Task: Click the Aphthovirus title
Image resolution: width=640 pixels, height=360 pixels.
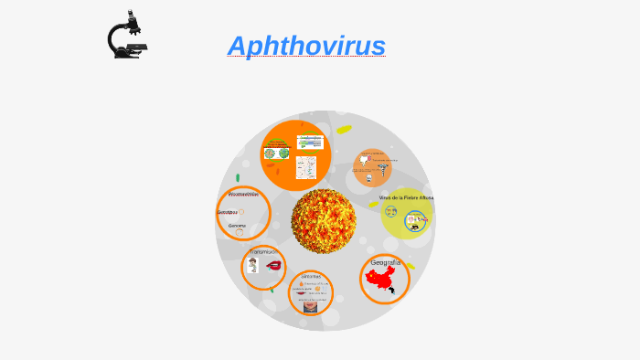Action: click(306, 46)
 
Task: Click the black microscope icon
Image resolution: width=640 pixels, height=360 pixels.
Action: click(126, 36)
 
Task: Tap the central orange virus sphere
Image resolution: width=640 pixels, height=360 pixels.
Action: click(324, 220)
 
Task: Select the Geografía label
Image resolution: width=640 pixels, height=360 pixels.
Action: click(386, 262)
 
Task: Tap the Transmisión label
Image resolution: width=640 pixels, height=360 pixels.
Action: click(263, 251)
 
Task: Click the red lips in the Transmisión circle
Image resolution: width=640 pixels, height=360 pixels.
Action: click(273, 265)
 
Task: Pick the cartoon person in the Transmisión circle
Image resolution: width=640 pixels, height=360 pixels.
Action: click(252, 265)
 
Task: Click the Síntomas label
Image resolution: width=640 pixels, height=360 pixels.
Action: click(311, 275)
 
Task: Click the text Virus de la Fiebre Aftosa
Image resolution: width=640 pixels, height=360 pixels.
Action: click(406, 197)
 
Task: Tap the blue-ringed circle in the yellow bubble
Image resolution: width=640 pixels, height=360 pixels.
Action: click(416, 219)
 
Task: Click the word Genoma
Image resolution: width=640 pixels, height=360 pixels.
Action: click(238, 225)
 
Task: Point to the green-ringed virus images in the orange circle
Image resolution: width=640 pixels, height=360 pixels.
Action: click(276, 153)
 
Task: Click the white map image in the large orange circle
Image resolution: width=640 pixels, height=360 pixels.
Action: click(306, 167)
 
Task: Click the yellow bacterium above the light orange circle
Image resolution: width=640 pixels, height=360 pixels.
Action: click(344, 130)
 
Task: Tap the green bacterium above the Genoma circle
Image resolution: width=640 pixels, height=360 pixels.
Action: click(238, 178)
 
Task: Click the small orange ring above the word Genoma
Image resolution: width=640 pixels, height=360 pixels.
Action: click(240, 212)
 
